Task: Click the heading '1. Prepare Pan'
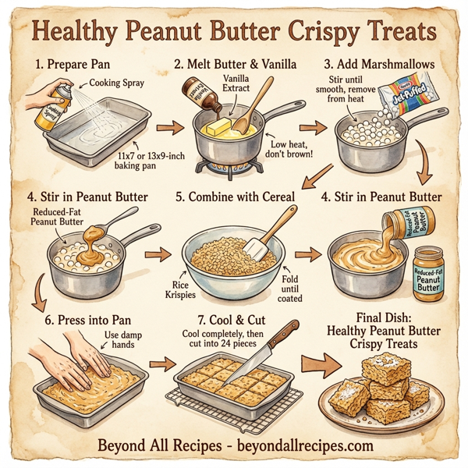pyautogui.click(x=72, y=64)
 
